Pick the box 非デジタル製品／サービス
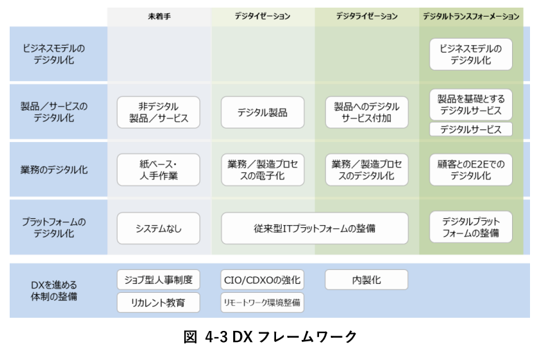point(158,112)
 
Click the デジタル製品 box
point(262,112)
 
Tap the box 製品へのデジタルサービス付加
point(367,112)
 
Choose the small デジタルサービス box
point(471,129)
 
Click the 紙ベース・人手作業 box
point(158,170)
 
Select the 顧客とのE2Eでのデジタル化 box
point(471,170)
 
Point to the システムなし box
point(158,228)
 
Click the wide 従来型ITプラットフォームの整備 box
point(314,228)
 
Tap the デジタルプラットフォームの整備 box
point(471,228)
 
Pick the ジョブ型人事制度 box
point(158,280)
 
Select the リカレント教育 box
point(158,303)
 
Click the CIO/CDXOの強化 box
point(262,280)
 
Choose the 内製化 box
point(367,280)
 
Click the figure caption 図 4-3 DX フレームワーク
point(271,337)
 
